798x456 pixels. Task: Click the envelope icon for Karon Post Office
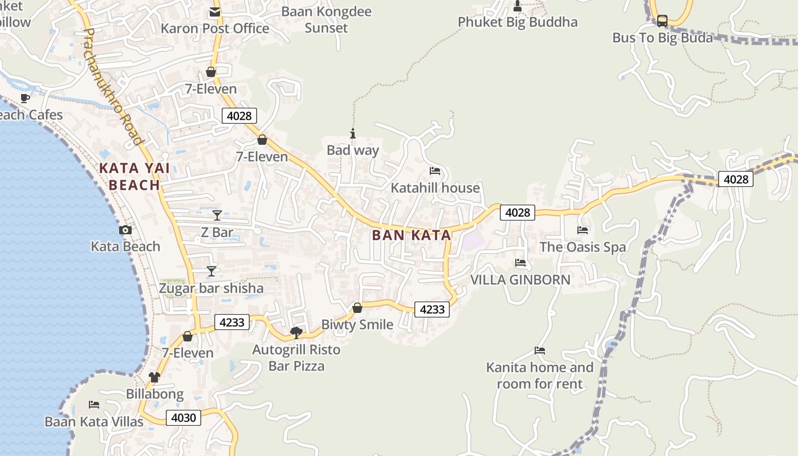click(215, 12)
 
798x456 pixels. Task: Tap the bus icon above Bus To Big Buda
click(662, 21)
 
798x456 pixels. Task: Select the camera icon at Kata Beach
click(125, 230)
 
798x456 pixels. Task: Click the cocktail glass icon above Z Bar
click(217, 215)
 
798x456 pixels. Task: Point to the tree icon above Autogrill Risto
click(296, 332)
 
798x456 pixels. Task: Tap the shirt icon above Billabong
click(154, 377)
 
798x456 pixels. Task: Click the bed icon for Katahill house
click(435, 171)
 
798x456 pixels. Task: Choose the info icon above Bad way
click(353, 134)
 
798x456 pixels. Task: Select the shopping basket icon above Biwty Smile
click(357, 308)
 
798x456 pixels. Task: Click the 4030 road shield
click(184, 418)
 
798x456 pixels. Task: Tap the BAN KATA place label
click(412, 235)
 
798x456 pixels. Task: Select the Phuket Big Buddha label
click(518, 22)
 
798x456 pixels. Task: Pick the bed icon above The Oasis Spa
click(583, 230)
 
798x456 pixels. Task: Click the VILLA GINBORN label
click(520, 280)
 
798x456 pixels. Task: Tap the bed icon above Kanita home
click(540, 350)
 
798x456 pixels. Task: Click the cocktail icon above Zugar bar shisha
click(211, 271)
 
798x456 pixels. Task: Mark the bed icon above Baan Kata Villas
click(94, 405)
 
